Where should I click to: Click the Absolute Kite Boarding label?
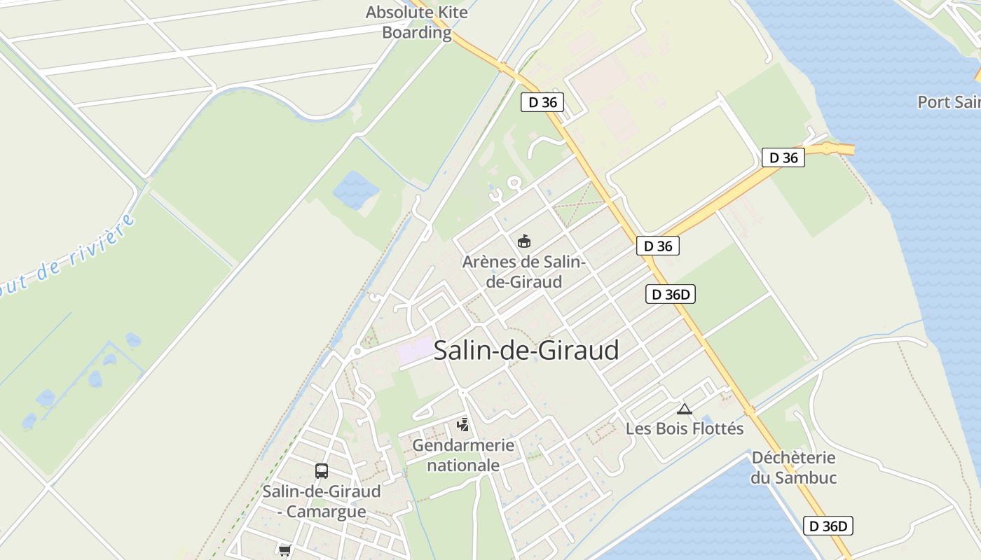coord(416,22)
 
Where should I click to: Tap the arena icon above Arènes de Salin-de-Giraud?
coord(523,241)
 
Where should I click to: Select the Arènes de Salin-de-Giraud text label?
coord(523,272)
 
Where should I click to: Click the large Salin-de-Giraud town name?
coord(526,350)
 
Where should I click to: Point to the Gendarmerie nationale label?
coord(463,455)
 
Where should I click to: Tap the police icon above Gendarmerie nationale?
coord(462,424)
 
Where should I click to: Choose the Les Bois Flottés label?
coord(685,428)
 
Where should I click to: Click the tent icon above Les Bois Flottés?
coord(685,409)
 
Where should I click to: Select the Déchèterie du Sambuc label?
coord(794,468)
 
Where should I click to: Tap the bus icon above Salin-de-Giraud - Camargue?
coord(321,471)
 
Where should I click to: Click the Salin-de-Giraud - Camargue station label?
coord(322,501)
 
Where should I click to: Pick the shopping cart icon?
coord(284,551)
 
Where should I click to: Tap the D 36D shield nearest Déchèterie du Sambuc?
coord(828,526)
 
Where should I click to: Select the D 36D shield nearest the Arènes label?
coord(670,294)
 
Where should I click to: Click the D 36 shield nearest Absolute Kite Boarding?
coord(542,102)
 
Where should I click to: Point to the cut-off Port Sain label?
coord(949,102)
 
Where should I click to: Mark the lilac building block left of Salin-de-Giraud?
coord(416,350)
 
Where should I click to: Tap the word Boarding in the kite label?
coord(416,32)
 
